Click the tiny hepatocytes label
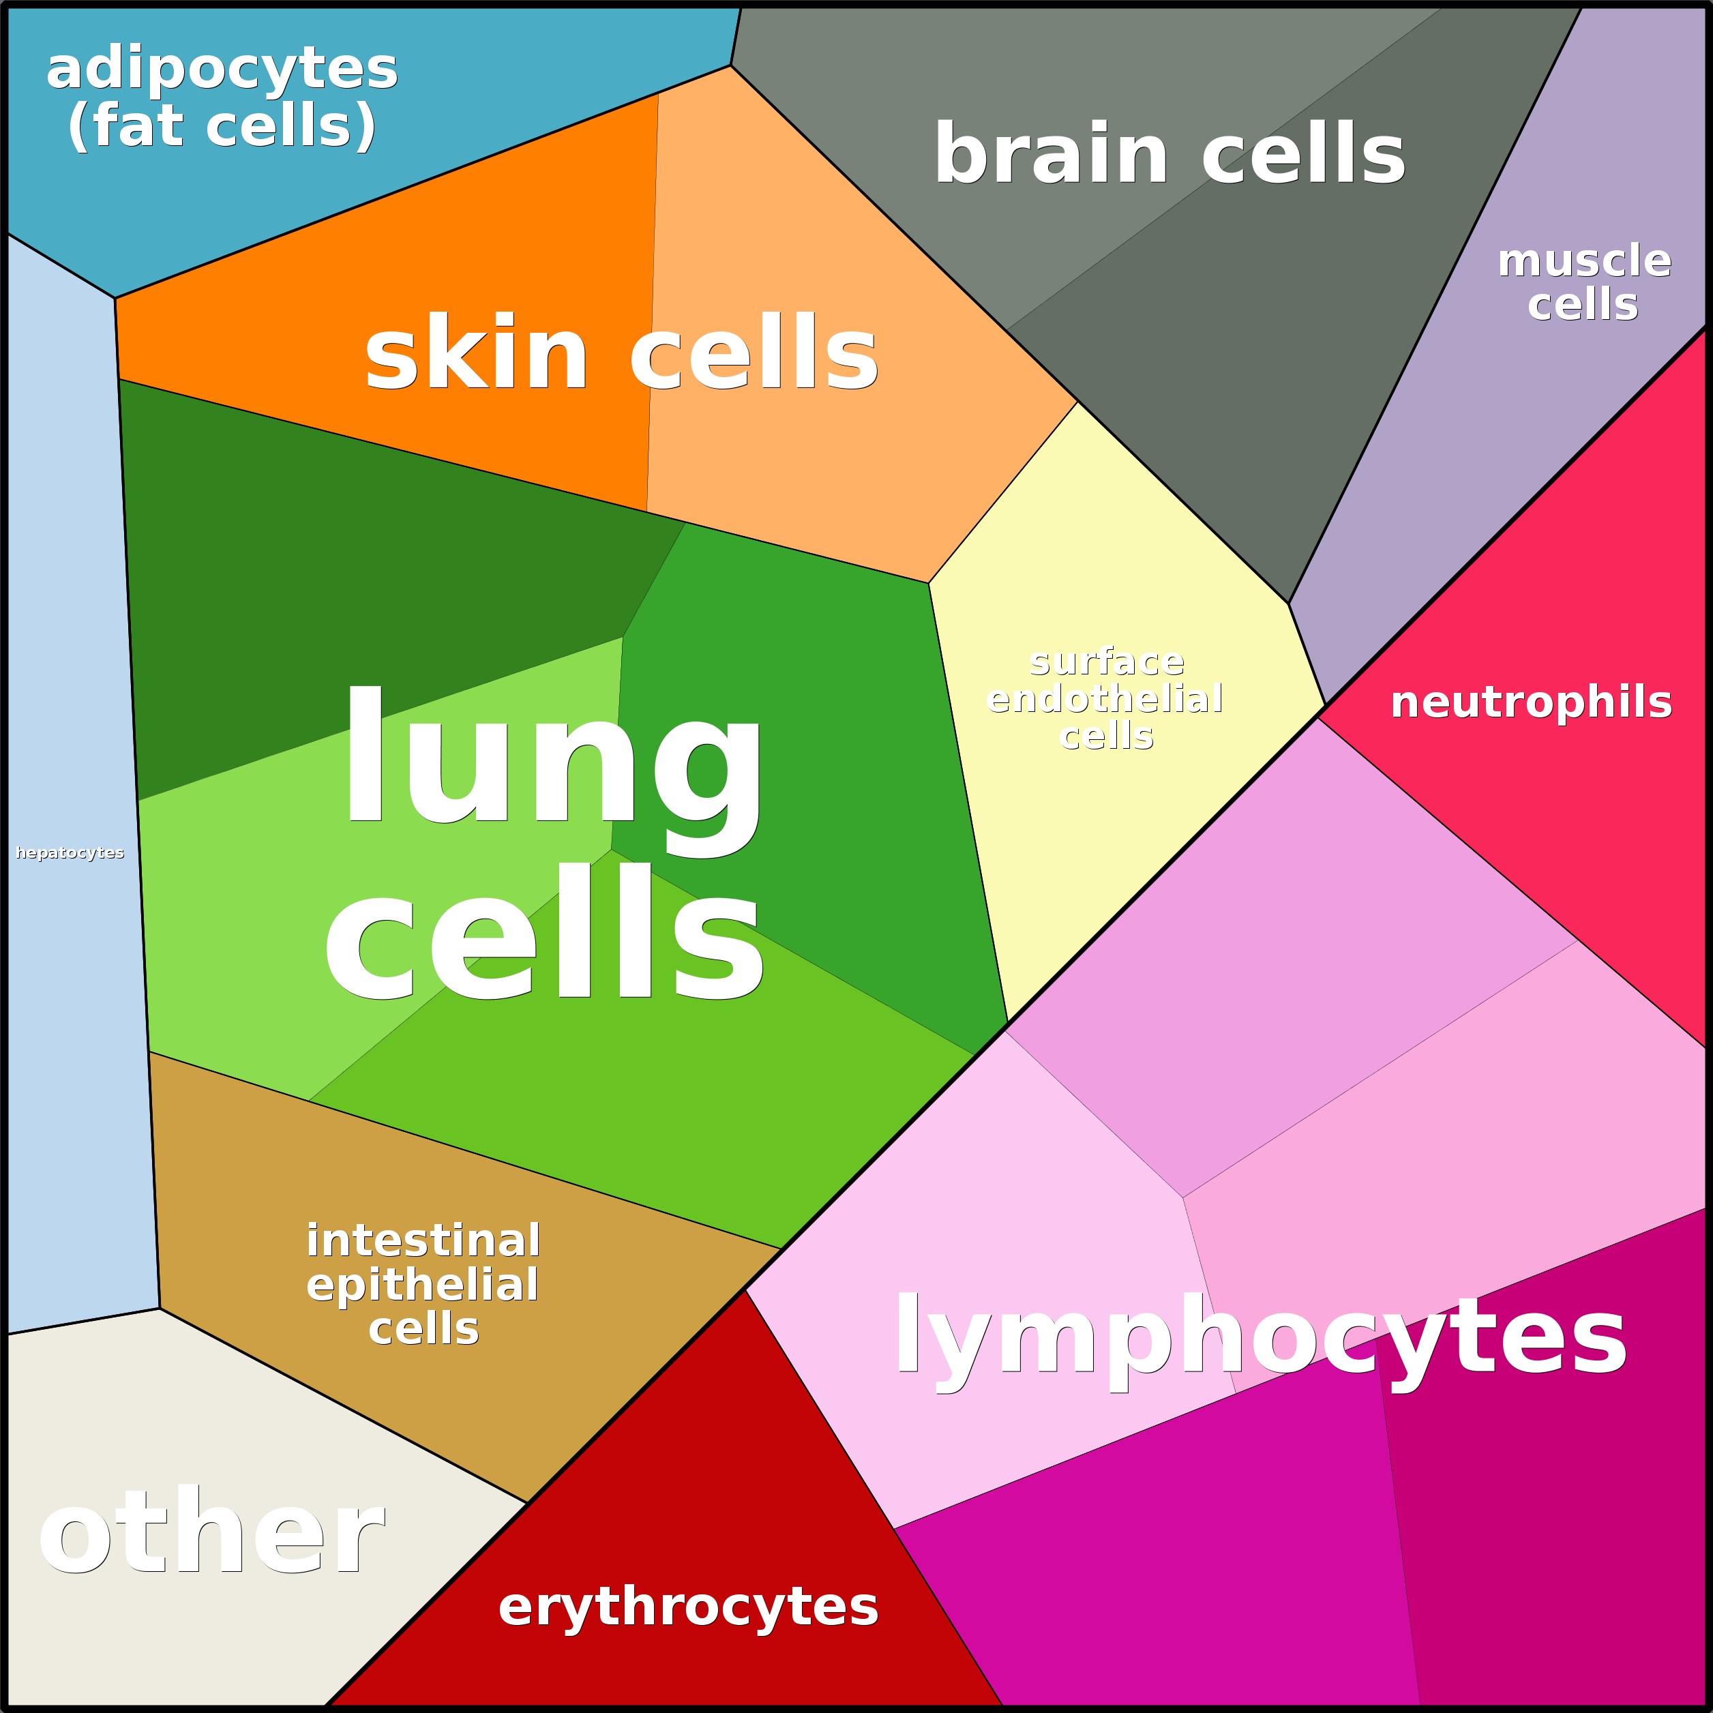pos(70,853)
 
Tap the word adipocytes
pos(222,69)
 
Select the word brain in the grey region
pos(1051,154)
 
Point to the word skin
pos(476,353)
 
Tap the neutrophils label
pos(1531,702)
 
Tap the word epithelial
pos(422,1285)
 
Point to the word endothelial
pos(1105,699)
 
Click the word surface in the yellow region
pos(1107,661)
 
